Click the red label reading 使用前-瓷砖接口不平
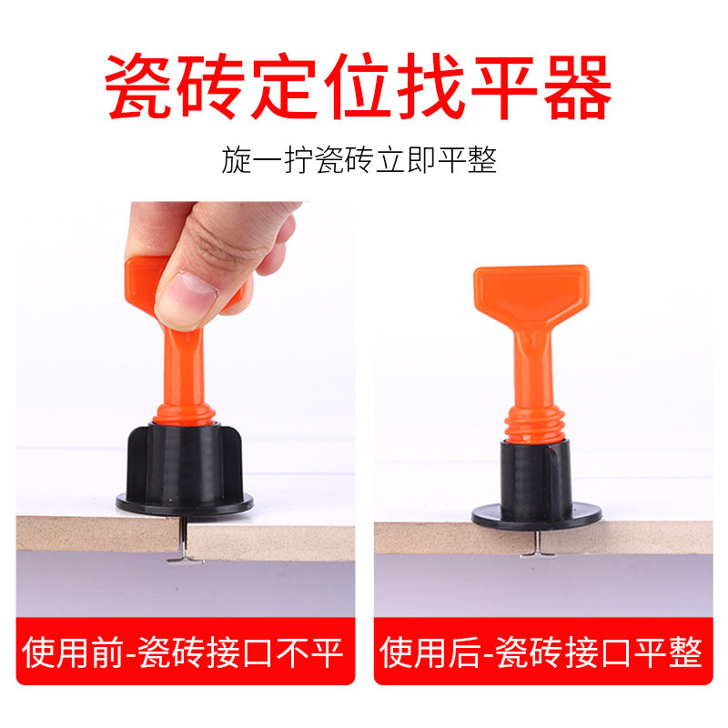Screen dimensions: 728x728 (186, 652)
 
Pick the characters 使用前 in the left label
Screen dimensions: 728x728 (65, 652)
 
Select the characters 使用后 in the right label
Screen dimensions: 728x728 (420, 652)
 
